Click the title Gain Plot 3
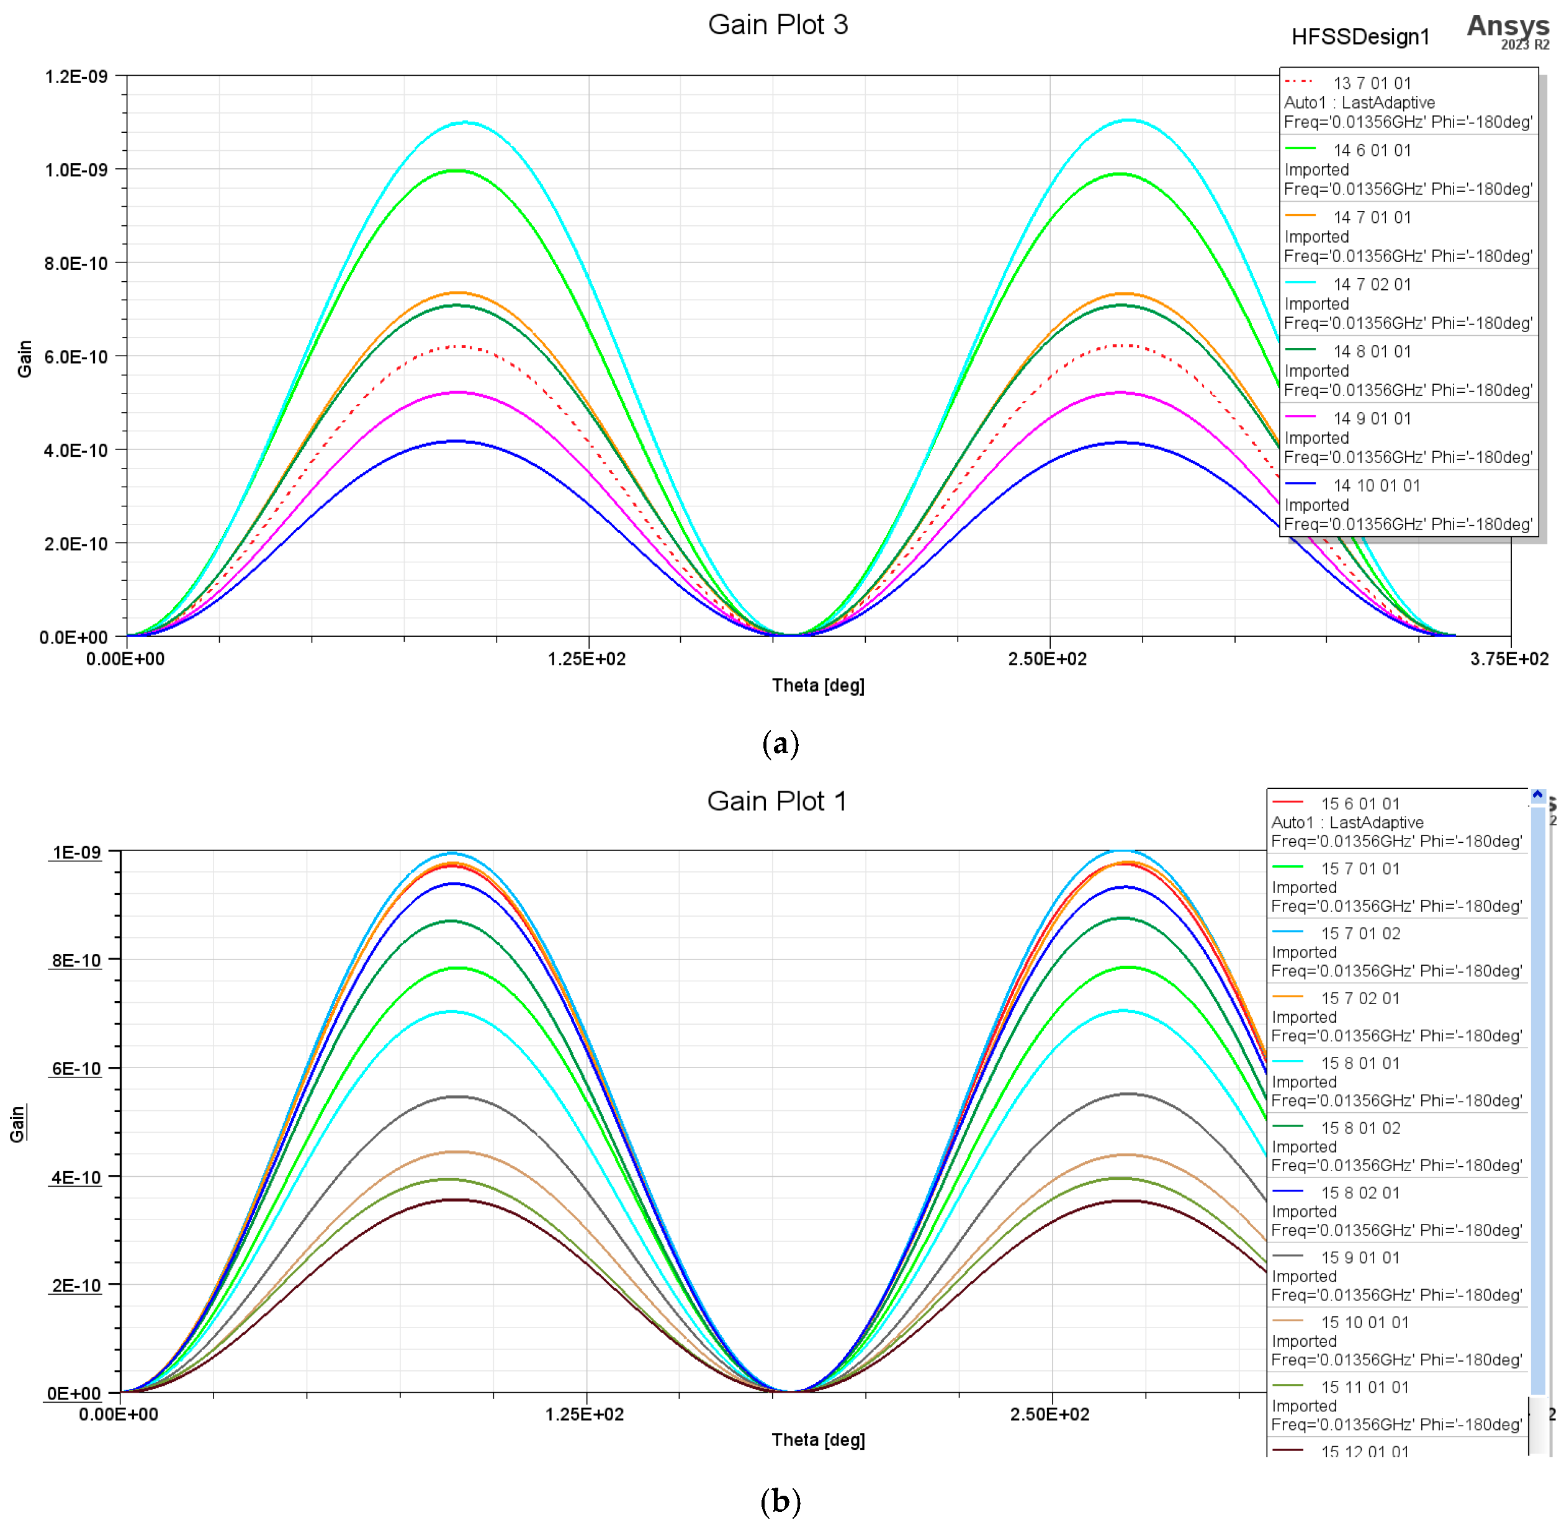coord(777,25)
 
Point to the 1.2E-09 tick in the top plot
coord(76,76)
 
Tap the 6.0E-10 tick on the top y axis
coord(76,356)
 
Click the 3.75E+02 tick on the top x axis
coord(1509,659)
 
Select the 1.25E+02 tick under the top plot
coord(586,659)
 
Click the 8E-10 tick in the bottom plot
coord(76,960)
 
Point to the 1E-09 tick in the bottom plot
coord(76,852)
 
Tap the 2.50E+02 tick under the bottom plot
coord(1049,1414)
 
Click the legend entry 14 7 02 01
coord(1372,284)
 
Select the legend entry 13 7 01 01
coord(1372,83)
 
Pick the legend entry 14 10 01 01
coord(1376,485)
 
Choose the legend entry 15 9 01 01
coord(1360,1257)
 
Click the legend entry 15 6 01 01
coord(1360,803)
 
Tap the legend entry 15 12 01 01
coord(1364,1451)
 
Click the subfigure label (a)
coord(780,743)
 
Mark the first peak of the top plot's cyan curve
coord(465,123)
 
